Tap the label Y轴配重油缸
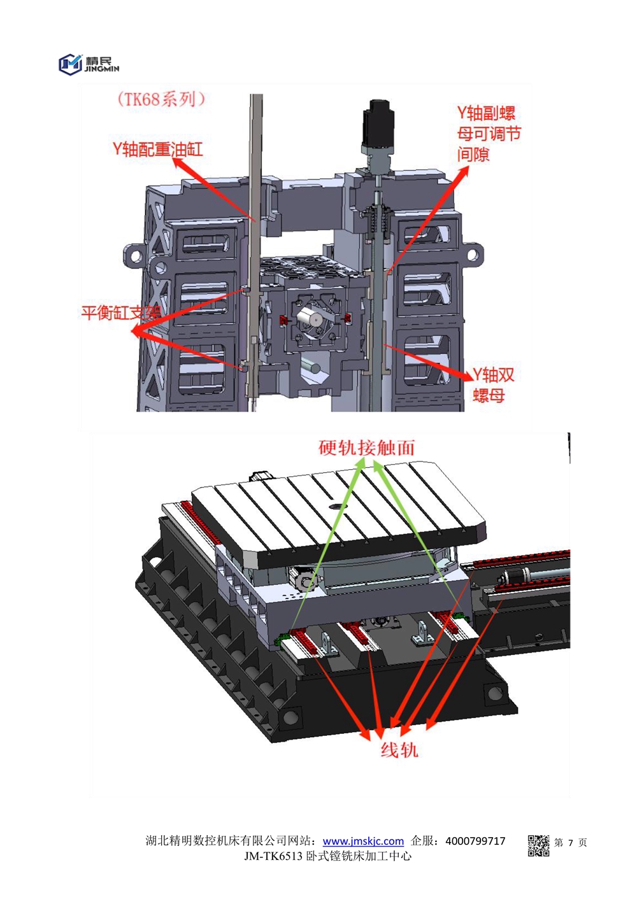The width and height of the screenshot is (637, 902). click(x=158, y=150)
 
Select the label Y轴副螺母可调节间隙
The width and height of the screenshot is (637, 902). click(x=489, y=133)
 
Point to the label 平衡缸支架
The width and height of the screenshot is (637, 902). click(x=121, y=313)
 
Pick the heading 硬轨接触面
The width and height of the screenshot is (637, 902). click(x=366, y=447)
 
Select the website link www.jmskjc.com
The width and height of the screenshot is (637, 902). click(x=363, y=841)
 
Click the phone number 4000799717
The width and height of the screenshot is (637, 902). click(x=475, y=841)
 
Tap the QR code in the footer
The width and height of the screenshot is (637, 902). click(x=538, y=845)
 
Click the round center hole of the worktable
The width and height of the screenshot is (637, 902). click(x=335, y=507)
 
